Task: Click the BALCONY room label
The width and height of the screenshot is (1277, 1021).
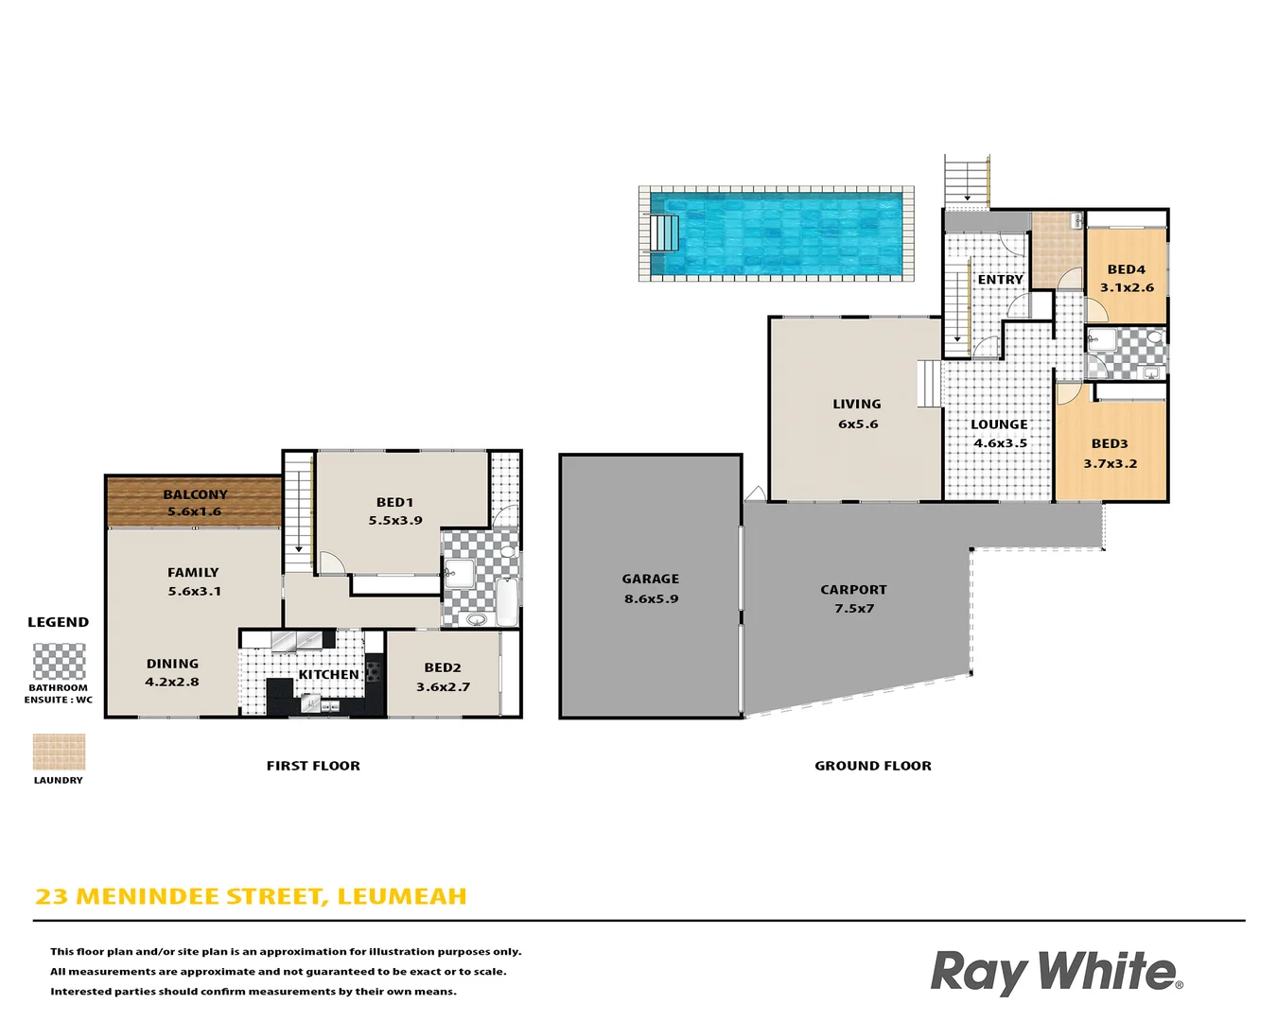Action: click(195, 494)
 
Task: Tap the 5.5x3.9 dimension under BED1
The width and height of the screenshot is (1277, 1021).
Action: click(395, 521)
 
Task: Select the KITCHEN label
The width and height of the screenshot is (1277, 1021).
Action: click(328, 675)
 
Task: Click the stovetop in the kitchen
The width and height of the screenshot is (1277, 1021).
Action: click(375, 672)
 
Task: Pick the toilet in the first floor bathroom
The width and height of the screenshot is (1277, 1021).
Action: click(508, 551)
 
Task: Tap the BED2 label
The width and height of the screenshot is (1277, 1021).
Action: click(443, 667)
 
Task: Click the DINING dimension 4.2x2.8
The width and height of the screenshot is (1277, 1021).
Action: click(172, 682)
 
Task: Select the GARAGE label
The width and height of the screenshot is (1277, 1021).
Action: click(650, 579)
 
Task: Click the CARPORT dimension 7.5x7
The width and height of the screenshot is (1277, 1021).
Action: click(853, 609)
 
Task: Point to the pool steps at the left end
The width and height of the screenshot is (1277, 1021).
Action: click(664, 233)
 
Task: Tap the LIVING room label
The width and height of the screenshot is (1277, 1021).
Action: click(857, 404)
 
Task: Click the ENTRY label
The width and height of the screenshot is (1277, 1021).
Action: click(1000, 280)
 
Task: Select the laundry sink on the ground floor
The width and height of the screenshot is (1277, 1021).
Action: click(1076, 222)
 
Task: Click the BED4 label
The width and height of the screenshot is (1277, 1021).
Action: click(1126, 269)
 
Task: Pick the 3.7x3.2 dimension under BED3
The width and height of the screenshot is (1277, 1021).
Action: click(1110, 464)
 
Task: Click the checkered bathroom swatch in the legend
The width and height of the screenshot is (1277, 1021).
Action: click(59, 661)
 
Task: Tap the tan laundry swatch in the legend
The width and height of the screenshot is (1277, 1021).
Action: click(59, 752)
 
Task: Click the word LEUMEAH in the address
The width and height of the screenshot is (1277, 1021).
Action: click(402, 896)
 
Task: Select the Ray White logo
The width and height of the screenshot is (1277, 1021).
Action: click(1056, 972)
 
